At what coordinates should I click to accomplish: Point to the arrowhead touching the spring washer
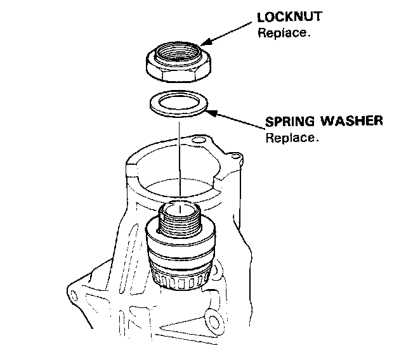pos(211,113)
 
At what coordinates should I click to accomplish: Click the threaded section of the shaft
pos(181,221)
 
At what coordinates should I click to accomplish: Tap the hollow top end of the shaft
pos(181,207)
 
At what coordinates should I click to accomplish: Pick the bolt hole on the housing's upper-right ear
pos(235,154)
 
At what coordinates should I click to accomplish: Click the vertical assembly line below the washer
pos(180,158)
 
